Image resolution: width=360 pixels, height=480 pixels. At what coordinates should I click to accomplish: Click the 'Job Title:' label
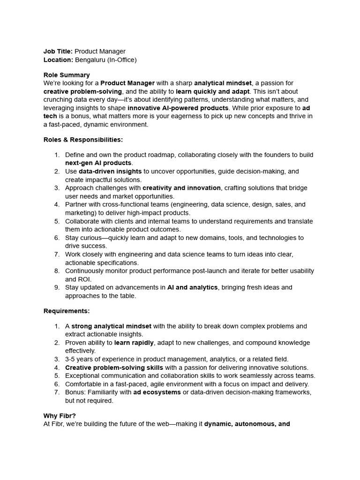click(58, 52)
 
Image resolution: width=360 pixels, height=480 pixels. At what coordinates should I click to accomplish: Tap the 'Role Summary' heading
click(67, 75)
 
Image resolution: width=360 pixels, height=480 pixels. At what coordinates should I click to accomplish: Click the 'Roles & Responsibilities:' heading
click(83, 139)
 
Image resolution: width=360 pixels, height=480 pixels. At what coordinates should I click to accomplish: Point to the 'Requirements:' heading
click(67, 311)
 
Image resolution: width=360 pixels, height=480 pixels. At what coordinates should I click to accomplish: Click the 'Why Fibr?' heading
click(60, 416)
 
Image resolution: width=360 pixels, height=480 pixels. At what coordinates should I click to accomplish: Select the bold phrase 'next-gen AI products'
click(98, 163)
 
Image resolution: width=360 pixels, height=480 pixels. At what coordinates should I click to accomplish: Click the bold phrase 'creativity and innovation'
click(181, 188)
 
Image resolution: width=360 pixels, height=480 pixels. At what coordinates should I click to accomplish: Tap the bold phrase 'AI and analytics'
click(192, 287)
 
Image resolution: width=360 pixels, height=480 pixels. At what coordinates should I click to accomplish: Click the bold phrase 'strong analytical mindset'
click(111, 326)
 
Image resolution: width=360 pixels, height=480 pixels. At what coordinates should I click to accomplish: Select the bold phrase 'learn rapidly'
click(134, 343)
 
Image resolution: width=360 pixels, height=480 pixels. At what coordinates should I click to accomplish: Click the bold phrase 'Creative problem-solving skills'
click(114, 367)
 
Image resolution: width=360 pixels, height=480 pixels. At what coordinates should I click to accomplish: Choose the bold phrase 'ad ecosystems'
click(157, 392)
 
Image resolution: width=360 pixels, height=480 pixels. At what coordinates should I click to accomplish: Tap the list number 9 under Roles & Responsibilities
click(57, 287)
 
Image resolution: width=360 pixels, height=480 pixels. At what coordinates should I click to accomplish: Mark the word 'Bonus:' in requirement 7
click(75, 392)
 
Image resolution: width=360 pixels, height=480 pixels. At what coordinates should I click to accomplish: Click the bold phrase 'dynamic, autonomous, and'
click(247, 424)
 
